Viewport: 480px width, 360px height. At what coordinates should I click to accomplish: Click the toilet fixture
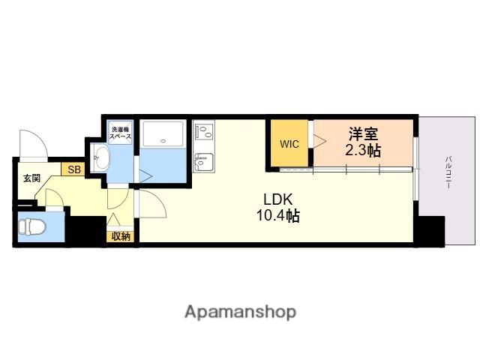(31, 226)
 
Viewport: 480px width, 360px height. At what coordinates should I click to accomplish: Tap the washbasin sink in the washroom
(101, 158)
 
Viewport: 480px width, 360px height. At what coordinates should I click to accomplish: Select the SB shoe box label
(74, 169)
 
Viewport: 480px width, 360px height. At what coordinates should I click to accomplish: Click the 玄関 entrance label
(31, 178)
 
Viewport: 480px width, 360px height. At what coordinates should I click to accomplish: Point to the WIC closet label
(289, 144)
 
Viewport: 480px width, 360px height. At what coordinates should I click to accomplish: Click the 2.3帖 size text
(363, 150)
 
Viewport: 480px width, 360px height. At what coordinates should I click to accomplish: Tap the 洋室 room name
(363, 133)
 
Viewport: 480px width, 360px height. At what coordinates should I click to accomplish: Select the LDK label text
(278, 199)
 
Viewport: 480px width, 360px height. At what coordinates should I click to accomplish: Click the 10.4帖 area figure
(278, 215)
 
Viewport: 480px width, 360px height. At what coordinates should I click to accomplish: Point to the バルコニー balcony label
(448, 172)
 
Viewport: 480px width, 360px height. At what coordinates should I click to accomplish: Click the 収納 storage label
(121, 236)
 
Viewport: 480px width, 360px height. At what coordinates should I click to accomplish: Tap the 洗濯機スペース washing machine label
(120, 133)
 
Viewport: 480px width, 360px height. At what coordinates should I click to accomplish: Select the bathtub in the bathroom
(163, 134)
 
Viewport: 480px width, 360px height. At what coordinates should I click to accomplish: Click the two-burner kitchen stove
(204, 132)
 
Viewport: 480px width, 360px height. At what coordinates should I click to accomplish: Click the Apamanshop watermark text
(240, 312)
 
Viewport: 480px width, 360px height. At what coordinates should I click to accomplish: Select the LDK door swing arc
(157, 199)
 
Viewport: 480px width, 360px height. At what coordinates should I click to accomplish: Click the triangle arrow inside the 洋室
(320, 142)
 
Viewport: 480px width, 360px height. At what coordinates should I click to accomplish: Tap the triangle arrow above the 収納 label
(113, 219)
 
